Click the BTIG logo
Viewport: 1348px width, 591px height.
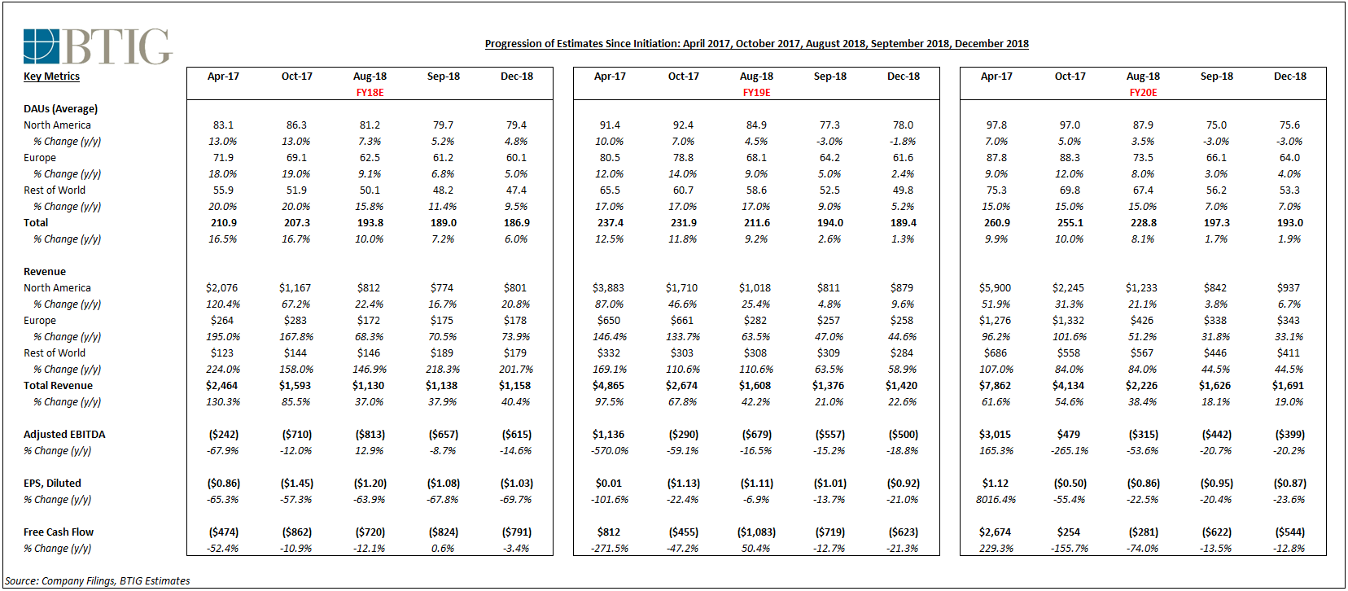[98, 46]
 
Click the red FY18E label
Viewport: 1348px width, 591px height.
[370, 93]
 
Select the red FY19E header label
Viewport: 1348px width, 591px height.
[756, 93]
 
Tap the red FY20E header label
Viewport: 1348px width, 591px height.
[1144, 93]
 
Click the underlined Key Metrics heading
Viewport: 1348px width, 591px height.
[52, 77]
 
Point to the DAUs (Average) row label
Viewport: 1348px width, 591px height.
[61, 109]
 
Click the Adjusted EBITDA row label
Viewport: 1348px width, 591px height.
[64, 435]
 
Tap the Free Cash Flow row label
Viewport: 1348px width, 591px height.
[59, 532]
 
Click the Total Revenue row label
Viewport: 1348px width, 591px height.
[59, 386]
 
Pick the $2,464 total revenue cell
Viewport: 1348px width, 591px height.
[221, 386]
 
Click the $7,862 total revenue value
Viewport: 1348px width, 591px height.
[996, 386]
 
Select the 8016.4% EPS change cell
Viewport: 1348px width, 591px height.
[996, 500]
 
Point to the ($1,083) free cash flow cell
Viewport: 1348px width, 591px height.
[756, 532]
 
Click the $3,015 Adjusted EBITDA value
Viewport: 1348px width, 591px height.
[996, 435]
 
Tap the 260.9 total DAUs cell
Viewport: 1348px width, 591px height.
[997, 223]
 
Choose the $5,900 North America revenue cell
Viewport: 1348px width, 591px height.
[996, 288]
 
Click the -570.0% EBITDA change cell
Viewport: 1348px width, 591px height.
[610, 451]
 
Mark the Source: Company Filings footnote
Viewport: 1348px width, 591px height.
[98, 580]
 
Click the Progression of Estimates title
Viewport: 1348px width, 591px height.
[757, 44]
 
